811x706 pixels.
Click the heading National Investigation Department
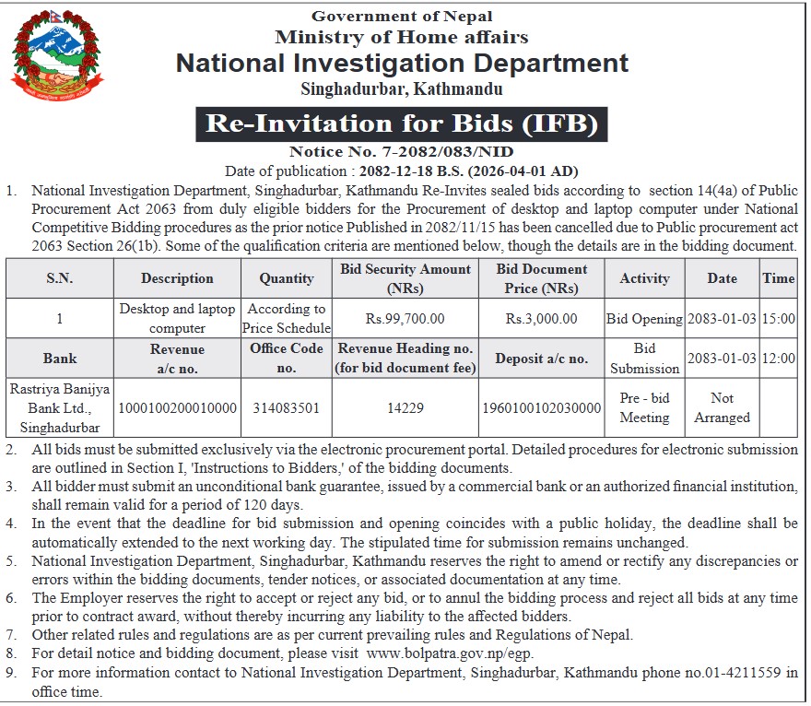coord(402,64)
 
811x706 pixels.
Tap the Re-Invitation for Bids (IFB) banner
coord(402,123)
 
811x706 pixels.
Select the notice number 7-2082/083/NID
coord(439,152)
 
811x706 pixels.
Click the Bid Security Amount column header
coord(405,278)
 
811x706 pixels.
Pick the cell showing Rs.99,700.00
coord(405,319)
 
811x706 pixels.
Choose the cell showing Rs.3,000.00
coord(541,319)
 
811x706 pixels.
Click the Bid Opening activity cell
coord(644,319)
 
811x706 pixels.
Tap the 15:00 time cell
coord(779,319)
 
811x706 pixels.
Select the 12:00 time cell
coord(779,359)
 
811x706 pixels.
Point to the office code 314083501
coord(287,407)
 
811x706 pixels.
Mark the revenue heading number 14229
coord(405,407)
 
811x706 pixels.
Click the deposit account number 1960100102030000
coord(541,407)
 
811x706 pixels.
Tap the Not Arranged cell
coord(722,407)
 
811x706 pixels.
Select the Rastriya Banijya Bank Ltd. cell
coord(60,407)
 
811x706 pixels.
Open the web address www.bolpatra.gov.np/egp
coord(450,653)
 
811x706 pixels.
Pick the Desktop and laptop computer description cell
coord(177,319)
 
